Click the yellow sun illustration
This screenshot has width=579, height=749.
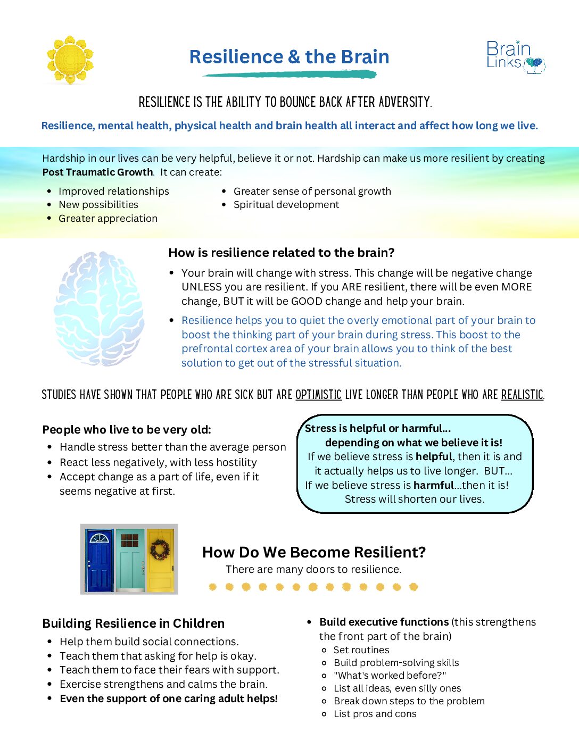[x=70, y=60]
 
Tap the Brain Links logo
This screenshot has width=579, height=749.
[x=515, y=56]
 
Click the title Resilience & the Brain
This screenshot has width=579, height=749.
[x=289, y=57]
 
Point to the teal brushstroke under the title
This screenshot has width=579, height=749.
[x=289, y=74]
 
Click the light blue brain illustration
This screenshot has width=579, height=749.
[x=100, y=308]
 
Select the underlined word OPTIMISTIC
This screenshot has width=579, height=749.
[x=318, y=395]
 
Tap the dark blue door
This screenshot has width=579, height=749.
[x=99, y=561]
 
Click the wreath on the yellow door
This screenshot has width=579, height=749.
[x=160, y=550]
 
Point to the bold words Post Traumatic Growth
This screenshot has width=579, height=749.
[x=97, y=172]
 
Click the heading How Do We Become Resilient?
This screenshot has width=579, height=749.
[x=314, y=552]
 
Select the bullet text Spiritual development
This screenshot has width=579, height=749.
[x=286, y=205]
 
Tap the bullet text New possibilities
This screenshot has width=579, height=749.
[x=98, y=205]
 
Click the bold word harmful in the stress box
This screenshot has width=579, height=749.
[x=433, y=485]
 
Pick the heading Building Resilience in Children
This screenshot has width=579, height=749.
[x=133, y=623]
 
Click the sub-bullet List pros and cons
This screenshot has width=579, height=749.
[x=375, y=714]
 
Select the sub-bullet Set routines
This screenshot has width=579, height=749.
[x=361, y=650]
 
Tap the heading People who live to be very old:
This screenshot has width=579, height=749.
[x=127, y=430]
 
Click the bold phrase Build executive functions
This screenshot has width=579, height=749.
[x=384, y=622]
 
